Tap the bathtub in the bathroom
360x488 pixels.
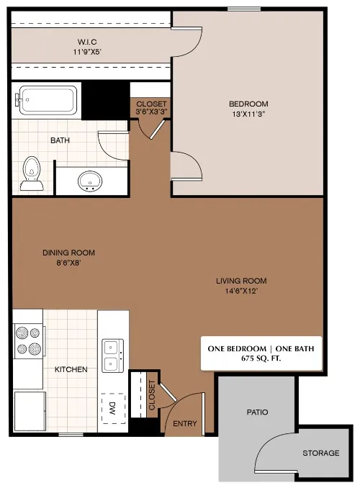(x=48, y=100)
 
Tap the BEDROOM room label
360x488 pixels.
(x=248, y=104)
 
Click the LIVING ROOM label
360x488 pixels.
(x=241, y=281)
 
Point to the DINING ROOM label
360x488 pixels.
(x=68, y=253)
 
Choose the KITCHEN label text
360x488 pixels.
(x=71, y=369)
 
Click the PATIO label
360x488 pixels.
(x=257, y=412)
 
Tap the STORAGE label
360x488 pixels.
(x=320, y=453)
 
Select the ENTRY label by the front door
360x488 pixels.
(x=185, y=424)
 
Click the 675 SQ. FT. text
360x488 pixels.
(x=261, y=358)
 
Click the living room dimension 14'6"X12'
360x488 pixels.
(x=241, y=291)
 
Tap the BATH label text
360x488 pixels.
(x=59, y=140)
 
